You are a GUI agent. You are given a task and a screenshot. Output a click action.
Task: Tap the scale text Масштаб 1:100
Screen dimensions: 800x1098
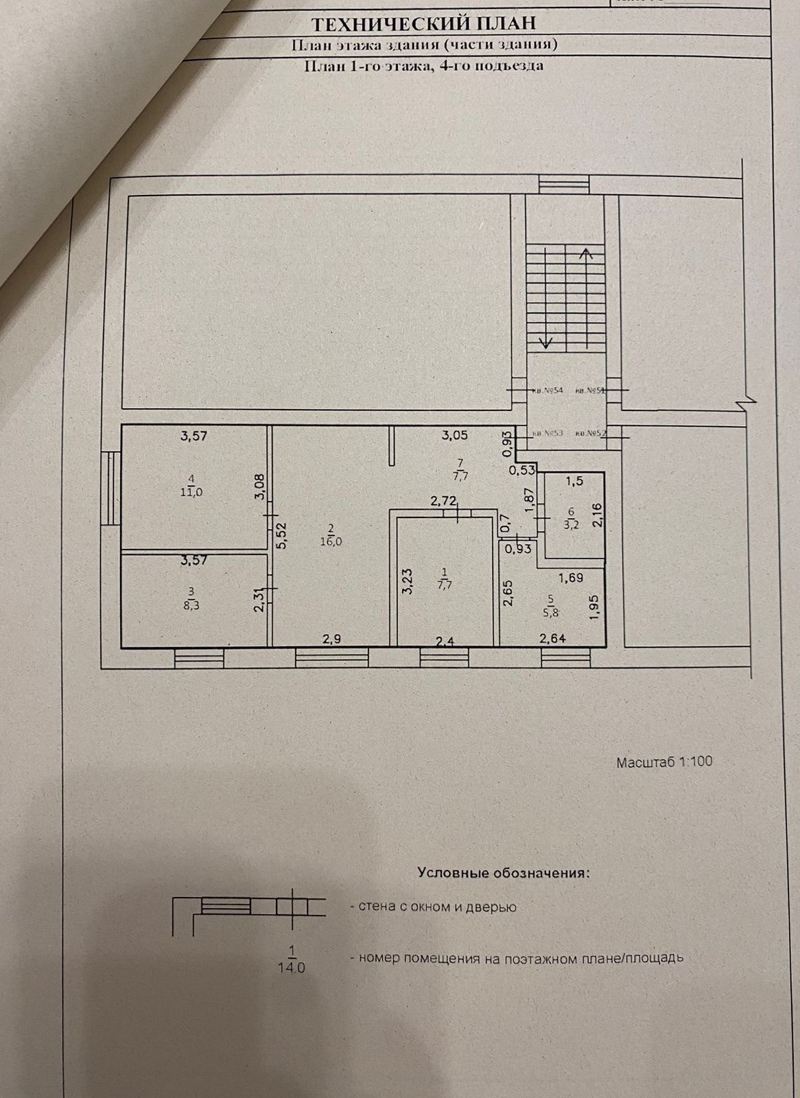[x=665, y=762]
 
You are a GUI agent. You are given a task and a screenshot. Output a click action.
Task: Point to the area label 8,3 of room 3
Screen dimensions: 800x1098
[x=192, y=604]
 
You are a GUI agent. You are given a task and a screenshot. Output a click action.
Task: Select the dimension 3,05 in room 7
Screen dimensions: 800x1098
[x=454, y=434]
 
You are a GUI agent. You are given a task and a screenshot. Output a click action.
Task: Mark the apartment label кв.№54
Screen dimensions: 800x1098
[x=547, y=390]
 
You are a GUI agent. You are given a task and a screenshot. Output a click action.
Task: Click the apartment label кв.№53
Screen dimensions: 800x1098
[x=548, y=434]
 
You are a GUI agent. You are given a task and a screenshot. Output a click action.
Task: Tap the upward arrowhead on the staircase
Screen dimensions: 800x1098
[x=587, y=253]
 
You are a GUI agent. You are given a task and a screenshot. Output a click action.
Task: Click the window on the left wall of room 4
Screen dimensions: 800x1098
[x=110, y=488]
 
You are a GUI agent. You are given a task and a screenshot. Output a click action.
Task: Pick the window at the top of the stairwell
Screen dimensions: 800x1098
[x=563, y=184]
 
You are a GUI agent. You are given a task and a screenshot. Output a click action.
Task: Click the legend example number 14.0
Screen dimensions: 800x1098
[x=292, y=968]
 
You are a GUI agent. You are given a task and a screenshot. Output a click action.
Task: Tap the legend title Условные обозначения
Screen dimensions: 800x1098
[x=503, y=874]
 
